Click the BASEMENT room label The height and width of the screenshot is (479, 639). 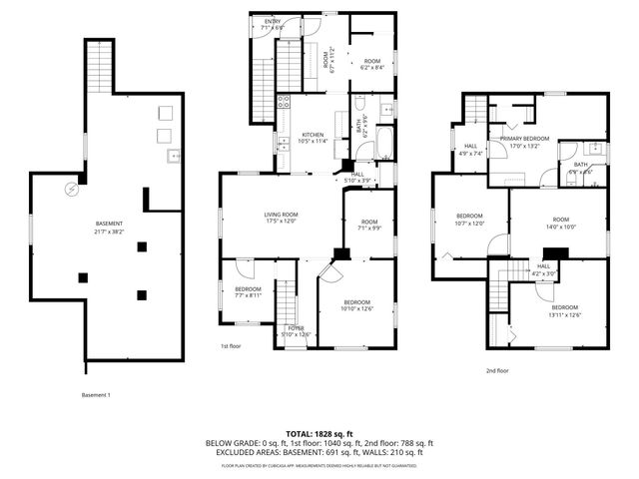coord(109,223)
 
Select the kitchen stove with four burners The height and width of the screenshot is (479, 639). coord(284,101)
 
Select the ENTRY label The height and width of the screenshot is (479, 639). coord(273,21)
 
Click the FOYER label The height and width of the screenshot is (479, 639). coord(296,327)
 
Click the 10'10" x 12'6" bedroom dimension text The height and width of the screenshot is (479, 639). coord(357,308)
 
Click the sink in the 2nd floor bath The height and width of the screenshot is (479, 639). coord(595,149)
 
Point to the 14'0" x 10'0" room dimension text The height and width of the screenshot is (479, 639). coord(560,227)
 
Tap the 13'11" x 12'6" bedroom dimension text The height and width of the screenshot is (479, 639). coord(563,314)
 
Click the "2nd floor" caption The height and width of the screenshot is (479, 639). coord(496,370)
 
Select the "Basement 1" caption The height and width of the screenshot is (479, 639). coord(96,395)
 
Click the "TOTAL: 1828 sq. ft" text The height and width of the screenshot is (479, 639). coord(319,433)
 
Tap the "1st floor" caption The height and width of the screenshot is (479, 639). coord(232,346)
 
